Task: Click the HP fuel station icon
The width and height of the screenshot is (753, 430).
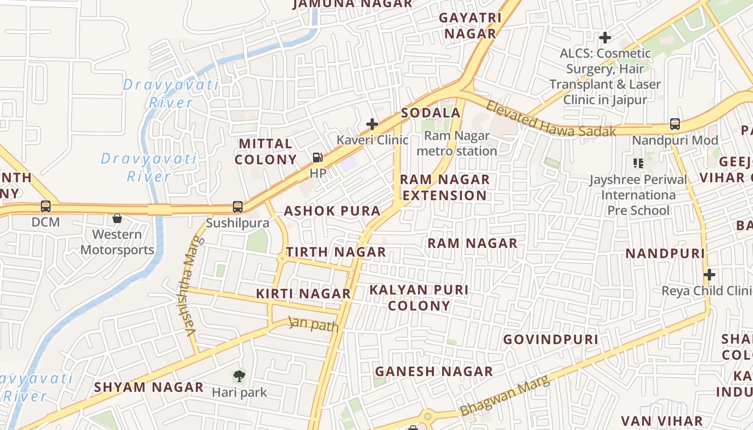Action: coord(318,157)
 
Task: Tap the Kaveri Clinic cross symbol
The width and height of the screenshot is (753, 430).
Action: coord(372,125)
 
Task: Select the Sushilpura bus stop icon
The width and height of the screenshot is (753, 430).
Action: coord(237,206)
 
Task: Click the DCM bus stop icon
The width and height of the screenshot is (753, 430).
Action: coord(46,206)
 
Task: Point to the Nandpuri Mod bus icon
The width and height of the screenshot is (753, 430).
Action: coord(675,124)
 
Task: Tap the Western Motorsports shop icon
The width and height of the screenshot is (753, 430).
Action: coord(117,218)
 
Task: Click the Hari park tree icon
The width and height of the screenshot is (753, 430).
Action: coord(239,376)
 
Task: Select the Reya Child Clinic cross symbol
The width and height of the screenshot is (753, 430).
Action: coord(709,275)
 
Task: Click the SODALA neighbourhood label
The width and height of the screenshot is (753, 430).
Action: coord(431,113)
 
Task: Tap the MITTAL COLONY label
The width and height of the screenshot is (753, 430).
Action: coord(266,152)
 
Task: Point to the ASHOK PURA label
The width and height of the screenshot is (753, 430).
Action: coord(332,211)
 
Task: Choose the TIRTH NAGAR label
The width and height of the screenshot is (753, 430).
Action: coord(336,252)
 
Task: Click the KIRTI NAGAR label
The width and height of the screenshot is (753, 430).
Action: coord(303,294)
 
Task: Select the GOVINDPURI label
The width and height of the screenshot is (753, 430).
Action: coord(551,340)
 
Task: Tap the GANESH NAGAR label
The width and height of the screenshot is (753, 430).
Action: coord(434,371)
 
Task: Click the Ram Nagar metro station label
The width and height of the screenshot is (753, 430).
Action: coord(457,144)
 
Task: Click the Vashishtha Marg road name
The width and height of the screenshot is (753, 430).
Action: coord(189,293)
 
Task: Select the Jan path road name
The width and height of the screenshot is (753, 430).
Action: coord(314,325)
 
